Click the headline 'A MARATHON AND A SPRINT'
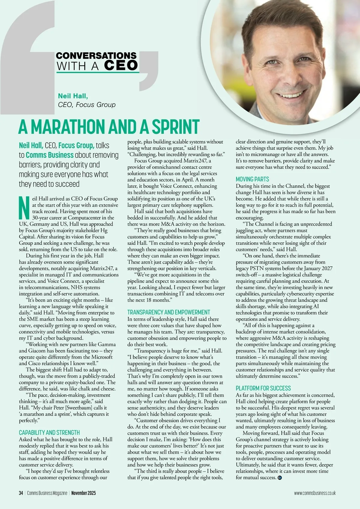[x=109, y=127]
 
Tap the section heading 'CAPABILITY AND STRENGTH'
[x=49, y=433]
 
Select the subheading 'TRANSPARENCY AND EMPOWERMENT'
[x=169, y=312]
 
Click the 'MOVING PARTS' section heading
[x=252, y=179]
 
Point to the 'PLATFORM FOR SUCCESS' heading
[x=263, y=388]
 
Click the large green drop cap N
[x=24, y=208]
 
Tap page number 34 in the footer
[x=21, y=493]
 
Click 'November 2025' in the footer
[x=83, y=493]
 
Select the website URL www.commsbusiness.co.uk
[x=315, y=493]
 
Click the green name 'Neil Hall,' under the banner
[x=73, y=96]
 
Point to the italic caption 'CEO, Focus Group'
[x=86, y=105]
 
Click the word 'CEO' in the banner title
[x=121, y=65]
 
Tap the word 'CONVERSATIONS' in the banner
[x=96, y=55]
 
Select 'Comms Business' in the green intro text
[x=49, y=155]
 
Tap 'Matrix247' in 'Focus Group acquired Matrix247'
[x=193, y=161]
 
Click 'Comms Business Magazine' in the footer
[x=47, y=493]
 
